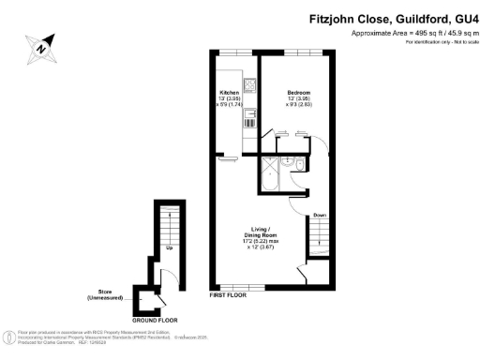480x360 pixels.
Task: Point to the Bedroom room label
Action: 298,91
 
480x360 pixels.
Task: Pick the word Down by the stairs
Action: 320,215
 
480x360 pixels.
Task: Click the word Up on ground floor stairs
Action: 169,247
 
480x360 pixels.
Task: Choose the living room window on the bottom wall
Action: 235,286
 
